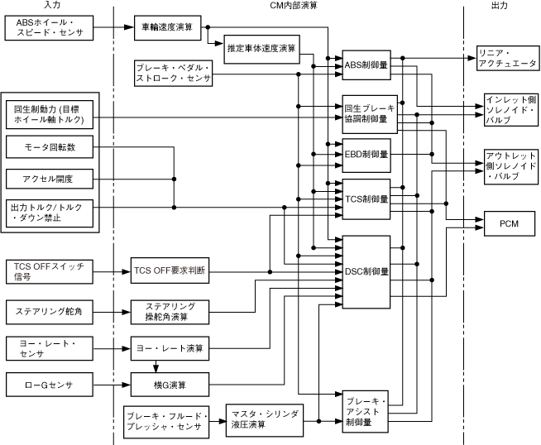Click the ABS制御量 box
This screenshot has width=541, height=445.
pos(366,65)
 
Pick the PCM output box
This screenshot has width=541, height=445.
pos(509,224)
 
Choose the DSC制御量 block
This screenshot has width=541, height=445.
pos(366,270)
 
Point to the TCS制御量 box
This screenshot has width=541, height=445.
pos(366,199)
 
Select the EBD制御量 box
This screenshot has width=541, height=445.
pos(366,154)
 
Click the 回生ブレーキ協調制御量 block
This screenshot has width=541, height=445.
pos(366,113)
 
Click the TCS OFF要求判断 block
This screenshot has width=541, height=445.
pos(170,270)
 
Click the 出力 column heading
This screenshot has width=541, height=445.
pos(500,7)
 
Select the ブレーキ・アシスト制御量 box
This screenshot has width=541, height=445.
pos(366,409)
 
